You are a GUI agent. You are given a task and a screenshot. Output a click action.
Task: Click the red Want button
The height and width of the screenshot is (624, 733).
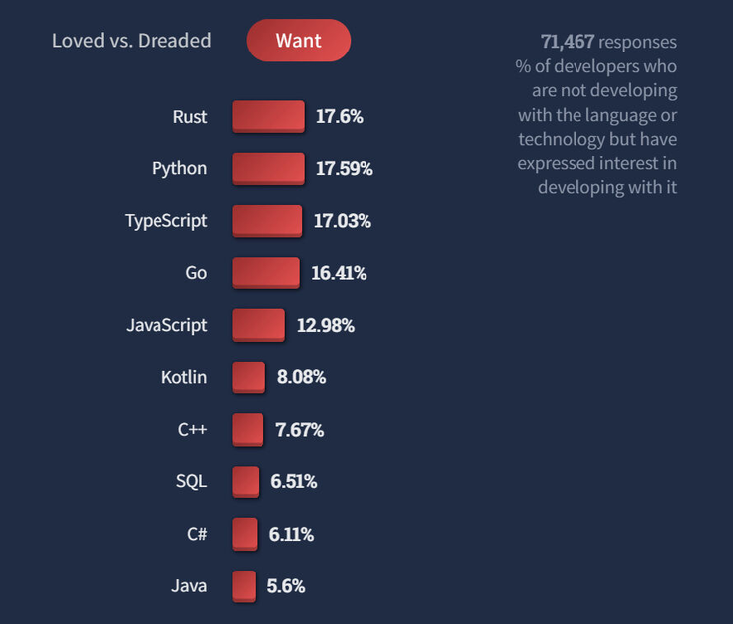tap(298, 41)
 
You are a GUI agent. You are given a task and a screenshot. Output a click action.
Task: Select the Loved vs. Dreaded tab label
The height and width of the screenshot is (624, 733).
tap(132, 41)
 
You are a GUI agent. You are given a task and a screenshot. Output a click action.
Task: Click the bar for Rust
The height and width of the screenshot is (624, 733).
tap(268, 116)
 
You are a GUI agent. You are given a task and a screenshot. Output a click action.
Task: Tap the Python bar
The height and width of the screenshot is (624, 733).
tap(268, 168)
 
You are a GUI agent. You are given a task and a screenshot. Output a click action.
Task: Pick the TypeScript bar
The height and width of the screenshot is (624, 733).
tap(267, 221)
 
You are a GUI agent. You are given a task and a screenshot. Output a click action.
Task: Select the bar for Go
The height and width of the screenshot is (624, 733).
tap(265, 272)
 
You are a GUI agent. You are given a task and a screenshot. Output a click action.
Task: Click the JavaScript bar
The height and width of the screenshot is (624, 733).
tap(259, 325)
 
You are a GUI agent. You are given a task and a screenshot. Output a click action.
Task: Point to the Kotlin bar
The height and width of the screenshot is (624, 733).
tap(249, 377)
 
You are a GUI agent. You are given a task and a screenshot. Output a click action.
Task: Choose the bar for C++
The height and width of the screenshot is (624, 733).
tap(248, 430)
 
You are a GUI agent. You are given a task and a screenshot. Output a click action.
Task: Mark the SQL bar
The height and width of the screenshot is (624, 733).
tap(246, 482)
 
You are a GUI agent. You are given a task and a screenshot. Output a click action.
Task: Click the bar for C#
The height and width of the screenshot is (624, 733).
tap(245, 534)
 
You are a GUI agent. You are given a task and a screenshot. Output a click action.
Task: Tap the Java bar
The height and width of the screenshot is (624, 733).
tap(244, 586)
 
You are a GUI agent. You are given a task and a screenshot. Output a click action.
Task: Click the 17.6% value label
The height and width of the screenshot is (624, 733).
tap(340, 116)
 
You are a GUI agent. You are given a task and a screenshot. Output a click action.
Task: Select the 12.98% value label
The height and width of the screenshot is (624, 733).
tap(326, 325)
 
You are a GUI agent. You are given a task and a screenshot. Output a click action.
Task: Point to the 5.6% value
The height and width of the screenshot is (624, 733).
tap(286, 586)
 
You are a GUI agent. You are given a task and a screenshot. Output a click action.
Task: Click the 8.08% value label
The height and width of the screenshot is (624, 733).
tap(302, 377)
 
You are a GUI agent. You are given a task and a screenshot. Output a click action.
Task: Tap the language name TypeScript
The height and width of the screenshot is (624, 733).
tap(166, 221)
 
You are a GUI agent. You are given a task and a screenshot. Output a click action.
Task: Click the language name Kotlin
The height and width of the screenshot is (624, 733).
tap(184, 377)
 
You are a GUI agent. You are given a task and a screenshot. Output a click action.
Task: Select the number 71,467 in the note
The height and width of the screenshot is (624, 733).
tap(568, 42)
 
